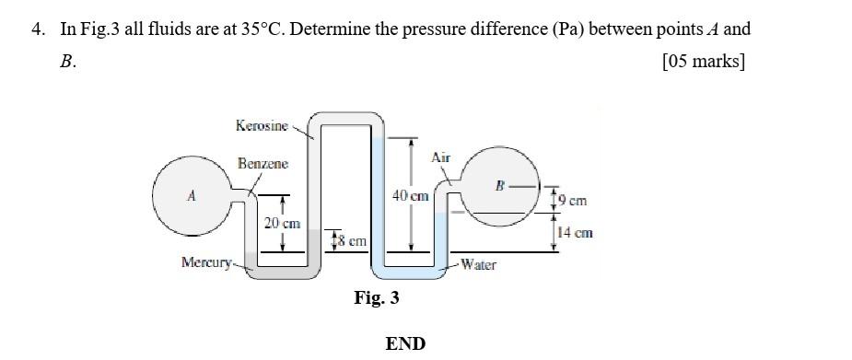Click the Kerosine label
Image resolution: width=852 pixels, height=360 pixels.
pos(262,125)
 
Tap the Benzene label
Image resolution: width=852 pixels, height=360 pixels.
pos(263,164)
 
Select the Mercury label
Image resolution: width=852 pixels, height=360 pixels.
pos(206,263)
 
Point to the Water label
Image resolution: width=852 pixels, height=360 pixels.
pos(478,265)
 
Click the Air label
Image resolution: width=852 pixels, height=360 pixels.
pos(441,157)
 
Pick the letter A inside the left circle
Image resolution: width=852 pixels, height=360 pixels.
pos(191,195)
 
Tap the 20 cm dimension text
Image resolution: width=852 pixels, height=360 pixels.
pos(282,224)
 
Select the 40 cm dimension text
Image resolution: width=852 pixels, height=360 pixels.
pos(410,196)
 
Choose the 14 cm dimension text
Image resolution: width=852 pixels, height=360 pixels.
pos(575,233)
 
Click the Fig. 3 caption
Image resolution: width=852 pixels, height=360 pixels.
pos(377,298)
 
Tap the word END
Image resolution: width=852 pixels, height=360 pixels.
pos(405,343)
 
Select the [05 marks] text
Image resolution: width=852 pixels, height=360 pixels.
pos(704,62)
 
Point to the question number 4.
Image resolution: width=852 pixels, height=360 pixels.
pos(37,29)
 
